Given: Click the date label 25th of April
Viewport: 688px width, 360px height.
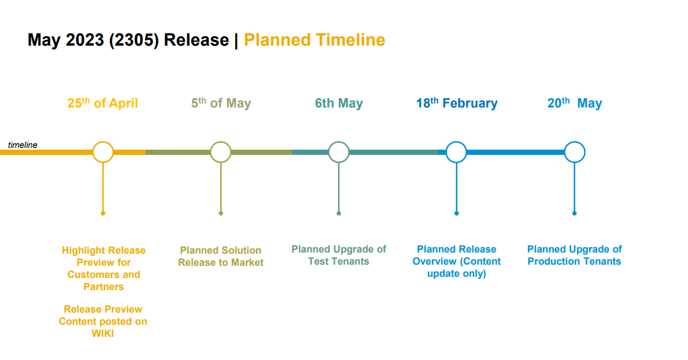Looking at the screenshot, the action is [x=103, y=103].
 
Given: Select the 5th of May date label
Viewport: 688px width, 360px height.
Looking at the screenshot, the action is [x=221, y=103].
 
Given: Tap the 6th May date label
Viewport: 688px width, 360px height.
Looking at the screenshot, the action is [x=339, y=103].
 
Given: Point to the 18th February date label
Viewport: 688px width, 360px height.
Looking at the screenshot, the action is [x=457, y=103].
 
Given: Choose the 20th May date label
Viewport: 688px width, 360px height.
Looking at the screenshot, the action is [x=574, y=103].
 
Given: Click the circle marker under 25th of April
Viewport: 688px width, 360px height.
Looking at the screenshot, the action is [x=103, y=142].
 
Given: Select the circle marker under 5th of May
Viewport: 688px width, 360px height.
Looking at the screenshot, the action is [x=221, y=142].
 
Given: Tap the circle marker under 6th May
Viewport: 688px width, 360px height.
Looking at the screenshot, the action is [x=339, y=142].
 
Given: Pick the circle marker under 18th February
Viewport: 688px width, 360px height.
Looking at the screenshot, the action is [x=456, y=142].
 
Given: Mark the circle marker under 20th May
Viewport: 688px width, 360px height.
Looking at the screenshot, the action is [x=575, y=142].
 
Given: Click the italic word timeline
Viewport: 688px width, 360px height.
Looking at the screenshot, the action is [x=23, y=144].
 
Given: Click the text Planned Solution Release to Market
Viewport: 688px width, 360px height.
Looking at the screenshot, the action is [x=221, y=256].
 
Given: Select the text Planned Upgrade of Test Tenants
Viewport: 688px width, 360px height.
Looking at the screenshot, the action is [x=339, y=255].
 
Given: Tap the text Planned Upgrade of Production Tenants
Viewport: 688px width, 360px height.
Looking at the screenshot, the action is [x=574, y=255].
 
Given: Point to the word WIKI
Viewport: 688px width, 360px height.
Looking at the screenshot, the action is [x=103, y=333].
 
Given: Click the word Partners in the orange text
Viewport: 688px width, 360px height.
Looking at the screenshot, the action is [x=103, y=287].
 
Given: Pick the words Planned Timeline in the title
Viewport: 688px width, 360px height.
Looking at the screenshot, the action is [x=315, y=40].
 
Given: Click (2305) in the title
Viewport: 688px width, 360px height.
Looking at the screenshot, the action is [x=134, y=40].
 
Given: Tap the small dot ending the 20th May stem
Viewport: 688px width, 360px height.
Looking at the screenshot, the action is [x=574, y=214].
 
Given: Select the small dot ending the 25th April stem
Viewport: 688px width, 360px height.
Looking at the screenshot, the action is [x=103, y=214].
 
